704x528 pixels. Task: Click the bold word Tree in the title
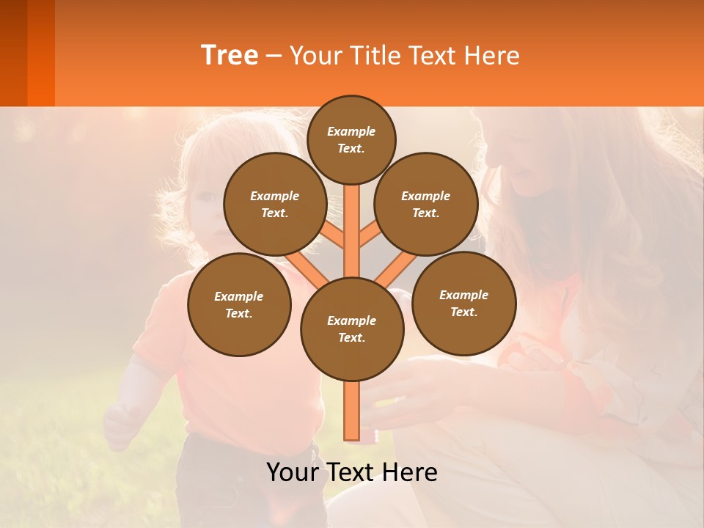[230, 55]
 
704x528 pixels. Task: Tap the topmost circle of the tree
[351, 139]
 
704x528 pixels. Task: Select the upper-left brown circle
[275, 204]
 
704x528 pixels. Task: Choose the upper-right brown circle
[426, 204]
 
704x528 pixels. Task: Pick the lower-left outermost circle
[239, 304]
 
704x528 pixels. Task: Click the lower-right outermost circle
[464, 303]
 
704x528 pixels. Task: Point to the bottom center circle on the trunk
[352, 329]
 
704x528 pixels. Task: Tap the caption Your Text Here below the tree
[352, 472]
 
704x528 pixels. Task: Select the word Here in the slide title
[493, 55]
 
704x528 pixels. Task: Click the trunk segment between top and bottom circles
[352, 235]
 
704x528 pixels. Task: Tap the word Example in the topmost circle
[351, 131]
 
